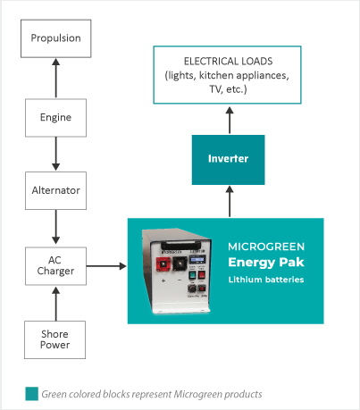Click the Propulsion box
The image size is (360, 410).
point(55,39)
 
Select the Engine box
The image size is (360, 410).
point(55,117)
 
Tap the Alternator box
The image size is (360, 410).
point(55,190)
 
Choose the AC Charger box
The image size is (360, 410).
point(55,265)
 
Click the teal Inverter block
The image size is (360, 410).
point(228,159)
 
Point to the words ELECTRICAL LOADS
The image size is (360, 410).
point(228,61)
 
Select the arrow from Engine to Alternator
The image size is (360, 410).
point(55,154)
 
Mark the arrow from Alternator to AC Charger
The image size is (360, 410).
point(55,228)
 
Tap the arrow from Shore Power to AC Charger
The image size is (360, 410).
point(55,304)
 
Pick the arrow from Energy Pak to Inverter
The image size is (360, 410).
point(228,201)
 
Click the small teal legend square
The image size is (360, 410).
point(31,393)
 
